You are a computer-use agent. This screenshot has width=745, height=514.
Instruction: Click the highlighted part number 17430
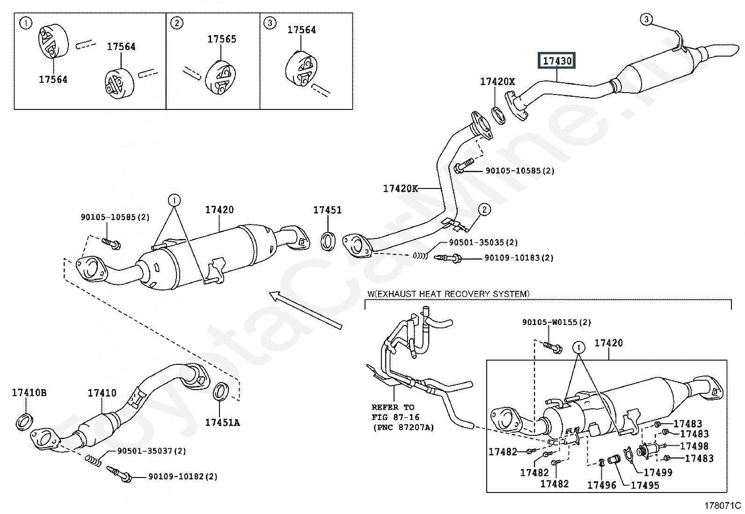click(x=557, y=61)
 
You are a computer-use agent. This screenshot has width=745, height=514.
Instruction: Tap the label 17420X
click(x=497, y=81)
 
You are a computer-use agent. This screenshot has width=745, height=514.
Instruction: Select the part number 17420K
click(x=400, y=188)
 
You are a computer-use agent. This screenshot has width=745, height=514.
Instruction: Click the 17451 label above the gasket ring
click(x=327, y=210)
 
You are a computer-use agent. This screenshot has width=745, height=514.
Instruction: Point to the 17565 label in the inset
click(x=221, y=39)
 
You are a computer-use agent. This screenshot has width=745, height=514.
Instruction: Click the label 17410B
click(x=29, y=393)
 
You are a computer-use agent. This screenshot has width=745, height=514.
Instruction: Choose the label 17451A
click(x=222, y=423)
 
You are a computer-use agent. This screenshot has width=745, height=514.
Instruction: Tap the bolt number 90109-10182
click(x=176, y=477)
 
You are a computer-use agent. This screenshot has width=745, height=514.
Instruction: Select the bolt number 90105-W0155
click(x=550, y=322)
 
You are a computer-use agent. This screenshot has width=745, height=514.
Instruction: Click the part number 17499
click(x=658, y=472)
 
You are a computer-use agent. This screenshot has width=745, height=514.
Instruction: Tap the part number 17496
click(x=602, y=485)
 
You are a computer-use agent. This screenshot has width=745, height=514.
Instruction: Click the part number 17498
click(x=694, y=446)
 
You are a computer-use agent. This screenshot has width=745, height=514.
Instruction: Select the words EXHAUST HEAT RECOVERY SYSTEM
click(x=451, y=294)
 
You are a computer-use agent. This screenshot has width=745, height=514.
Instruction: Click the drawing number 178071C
click(x=723, y=506)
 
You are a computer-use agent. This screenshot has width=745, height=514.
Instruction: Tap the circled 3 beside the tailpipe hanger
click(x=646, y=19)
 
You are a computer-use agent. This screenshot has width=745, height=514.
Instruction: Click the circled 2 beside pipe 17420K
click(x=484, y=210)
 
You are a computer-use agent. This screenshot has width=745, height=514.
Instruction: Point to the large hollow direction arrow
click(x=306, y=310)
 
